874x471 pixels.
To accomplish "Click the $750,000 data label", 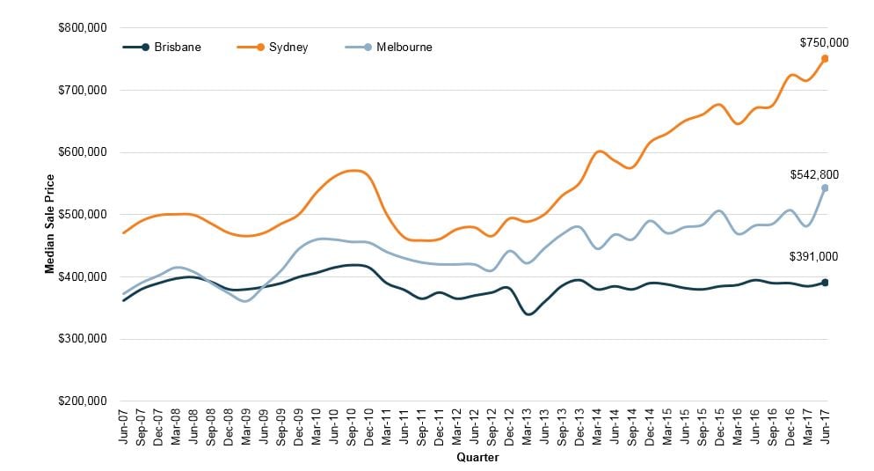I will click(x=824, y=42).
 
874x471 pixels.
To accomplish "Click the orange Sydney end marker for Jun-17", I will click(x=825, y=59).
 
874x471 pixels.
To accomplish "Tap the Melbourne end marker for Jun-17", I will click(x=825, y=188).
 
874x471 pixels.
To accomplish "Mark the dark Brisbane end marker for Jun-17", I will click(x=825, y=283).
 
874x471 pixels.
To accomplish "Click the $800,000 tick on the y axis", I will click(x=81, y=28).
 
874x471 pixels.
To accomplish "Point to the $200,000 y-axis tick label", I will click(x=81, y=401).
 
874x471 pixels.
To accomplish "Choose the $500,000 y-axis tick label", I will click(x=81, y=215).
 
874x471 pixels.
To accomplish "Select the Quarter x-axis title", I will click(x=478, y=458).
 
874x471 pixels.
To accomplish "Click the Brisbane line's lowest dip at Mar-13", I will click(x=528, y=313).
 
